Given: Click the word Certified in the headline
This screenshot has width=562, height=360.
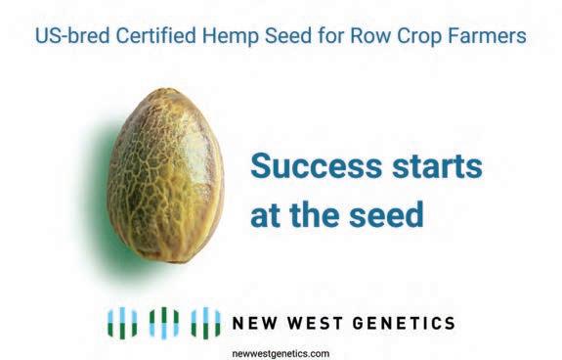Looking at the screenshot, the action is pos(156,35).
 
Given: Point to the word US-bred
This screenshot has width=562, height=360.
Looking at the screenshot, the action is pos(72,35).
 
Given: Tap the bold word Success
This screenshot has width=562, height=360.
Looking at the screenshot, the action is pos(316,165).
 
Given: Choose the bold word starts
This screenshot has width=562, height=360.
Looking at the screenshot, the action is pos(437,166).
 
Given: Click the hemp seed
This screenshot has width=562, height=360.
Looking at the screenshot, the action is pos(165,176).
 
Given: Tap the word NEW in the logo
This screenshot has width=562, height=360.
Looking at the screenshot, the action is pos(255,323).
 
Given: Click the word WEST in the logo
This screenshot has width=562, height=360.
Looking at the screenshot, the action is pos(315,323).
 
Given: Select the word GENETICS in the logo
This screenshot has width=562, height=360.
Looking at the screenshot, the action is pos(404,323).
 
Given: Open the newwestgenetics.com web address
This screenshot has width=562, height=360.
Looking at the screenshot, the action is pos(281,353).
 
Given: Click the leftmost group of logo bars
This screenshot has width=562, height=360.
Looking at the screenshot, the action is pos(122,323).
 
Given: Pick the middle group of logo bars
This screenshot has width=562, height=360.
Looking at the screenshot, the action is pos(164,323).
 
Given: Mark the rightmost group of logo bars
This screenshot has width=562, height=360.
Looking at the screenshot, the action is pos(205,323).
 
